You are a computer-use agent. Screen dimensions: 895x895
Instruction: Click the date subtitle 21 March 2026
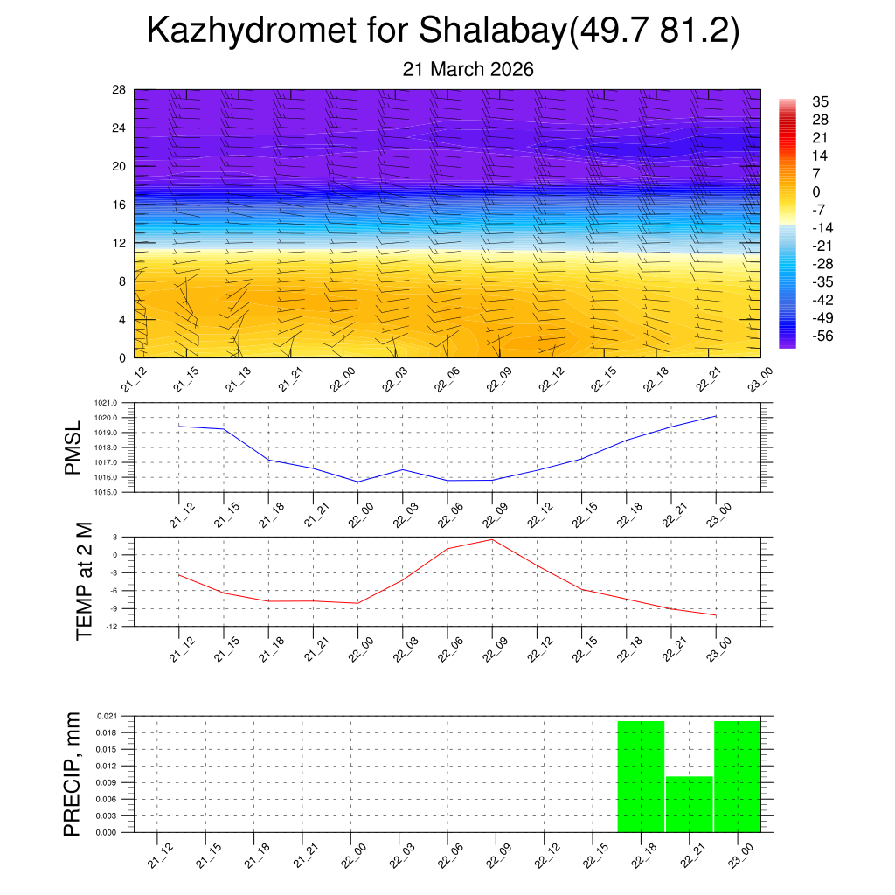coord(468,69)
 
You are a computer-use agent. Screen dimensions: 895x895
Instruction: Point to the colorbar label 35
coord(820,101)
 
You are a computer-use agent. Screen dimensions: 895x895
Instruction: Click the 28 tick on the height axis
coord(120,90)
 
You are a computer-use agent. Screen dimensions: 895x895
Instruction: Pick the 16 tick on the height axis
coord(120,205)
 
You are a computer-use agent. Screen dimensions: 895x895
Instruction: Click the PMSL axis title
coord(73,447)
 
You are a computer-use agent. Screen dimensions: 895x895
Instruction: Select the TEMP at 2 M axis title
coord(84,580)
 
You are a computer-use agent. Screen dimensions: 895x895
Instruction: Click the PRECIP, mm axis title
coord(73,774)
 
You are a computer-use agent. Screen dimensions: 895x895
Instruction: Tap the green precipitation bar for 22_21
coord(690,804)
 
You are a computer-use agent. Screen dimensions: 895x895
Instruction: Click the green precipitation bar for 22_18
coord(641,776)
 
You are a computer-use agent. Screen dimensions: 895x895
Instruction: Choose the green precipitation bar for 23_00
coord(737,776)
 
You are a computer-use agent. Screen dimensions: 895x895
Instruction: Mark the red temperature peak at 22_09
coord(492,539)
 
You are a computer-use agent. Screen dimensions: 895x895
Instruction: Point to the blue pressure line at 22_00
coord(358,482)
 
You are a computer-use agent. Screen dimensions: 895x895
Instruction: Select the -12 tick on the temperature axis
coord(114,627)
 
